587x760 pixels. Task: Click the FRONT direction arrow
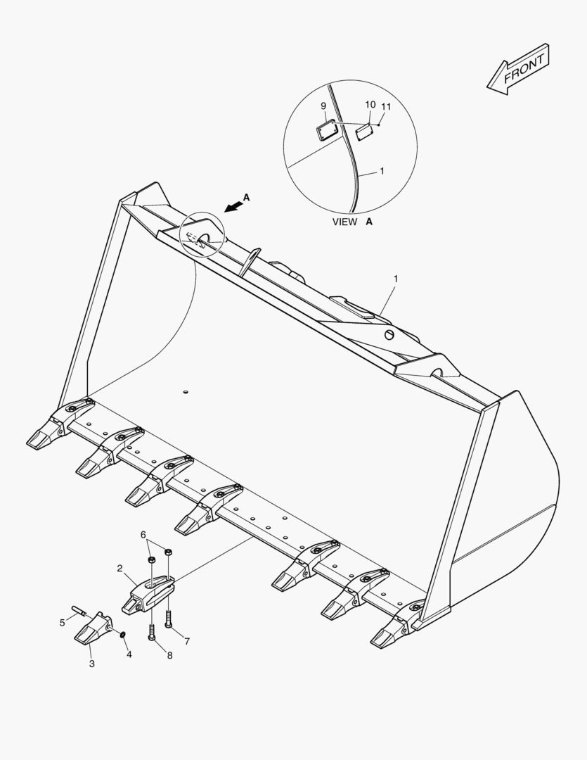click(x=518, y=69)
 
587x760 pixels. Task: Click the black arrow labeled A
click(x=233, y=207)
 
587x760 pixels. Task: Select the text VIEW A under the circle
click(x=352, y=222)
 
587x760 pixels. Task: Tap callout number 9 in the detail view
click(x=323, y=106)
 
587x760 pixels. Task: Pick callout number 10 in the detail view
click(x=370, y=104)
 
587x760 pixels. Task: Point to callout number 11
click(x=386, y=106)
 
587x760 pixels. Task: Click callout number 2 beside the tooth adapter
click(x=120, y=568)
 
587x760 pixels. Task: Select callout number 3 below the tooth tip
click(x=91, y=664)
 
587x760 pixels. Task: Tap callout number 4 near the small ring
click(x=129, y=654)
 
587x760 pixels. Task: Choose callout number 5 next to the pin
click(x=62, y=622)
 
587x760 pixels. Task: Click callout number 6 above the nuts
click(x=143, y=535)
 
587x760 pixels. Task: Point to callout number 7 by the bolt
click(x=187, y=641)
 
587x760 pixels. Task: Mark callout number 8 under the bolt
click(x=169, y=655)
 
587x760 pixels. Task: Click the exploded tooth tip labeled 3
click(x=93, y=629)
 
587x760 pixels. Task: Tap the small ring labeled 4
click(x=122, y=635)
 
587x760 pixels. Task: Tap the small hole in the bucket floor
click(x=185, y=392)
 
